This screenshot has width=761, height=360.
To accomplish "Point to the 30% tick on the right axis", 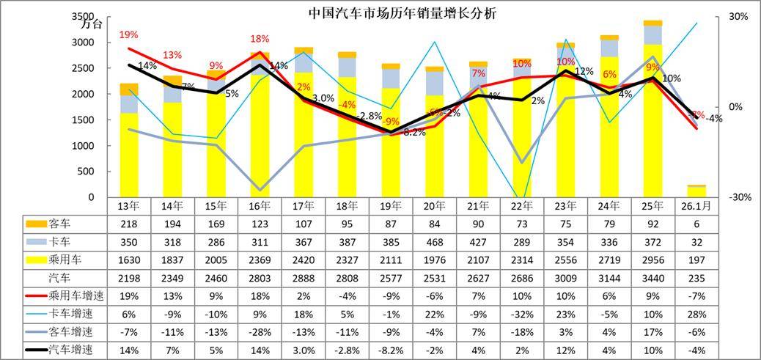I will tap(738, 16).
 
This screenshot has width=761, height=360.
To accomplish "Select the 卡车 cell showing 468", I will tap(435, 241).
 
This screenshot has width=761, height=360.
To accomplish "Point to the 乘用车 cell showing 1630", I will tap(129, 260).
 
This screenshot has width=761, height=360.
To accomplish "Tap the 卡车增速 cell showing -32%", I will tap(522, 315).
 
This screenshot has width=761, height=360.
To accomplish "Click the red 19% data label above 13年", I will tap(128, 34).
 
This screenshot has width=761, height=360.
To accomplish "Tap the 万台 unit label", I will tap(92, 24).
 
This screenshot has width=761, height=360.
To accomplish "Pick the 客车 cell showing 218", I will tap(129, 223).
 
